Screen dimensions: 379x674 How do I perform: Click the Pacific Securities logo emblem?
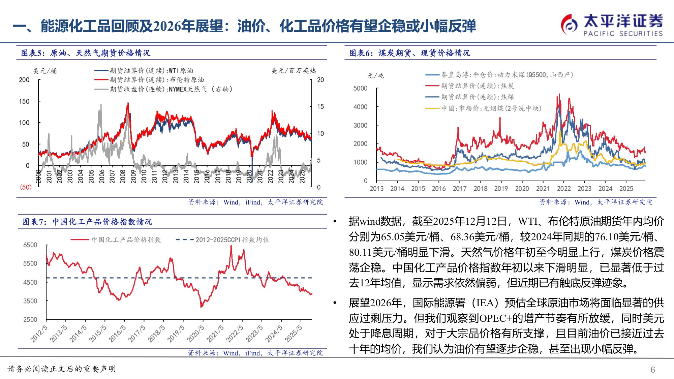point(569,24)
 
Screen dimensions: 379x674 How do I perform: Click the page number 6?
point(652,370)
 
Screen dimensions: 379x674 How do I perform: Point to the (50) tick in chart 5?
point(26,187)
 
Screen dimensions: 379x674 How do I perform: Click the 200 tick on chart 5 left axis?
point(24,80)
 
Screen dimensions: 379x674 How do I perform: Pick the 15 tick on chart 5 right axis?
point(320,106)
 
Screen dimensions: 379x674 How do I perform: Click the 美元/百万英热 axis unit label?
point(294,71)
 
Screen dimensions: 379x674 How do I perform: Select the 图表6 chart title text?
point(409,53)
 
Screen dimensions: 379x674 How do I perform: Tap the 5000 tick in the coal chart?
point(360,88)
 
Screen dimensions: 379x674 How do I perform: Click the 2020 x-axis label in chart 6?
point(522,189)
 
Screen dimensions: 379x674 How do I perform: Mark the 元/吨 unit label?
point(375,75)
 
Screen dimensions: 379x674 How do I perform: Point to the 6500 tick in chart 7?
point(30,245)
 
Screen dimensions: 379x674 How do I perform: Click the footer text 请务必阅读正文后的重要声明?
point(62,369)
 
